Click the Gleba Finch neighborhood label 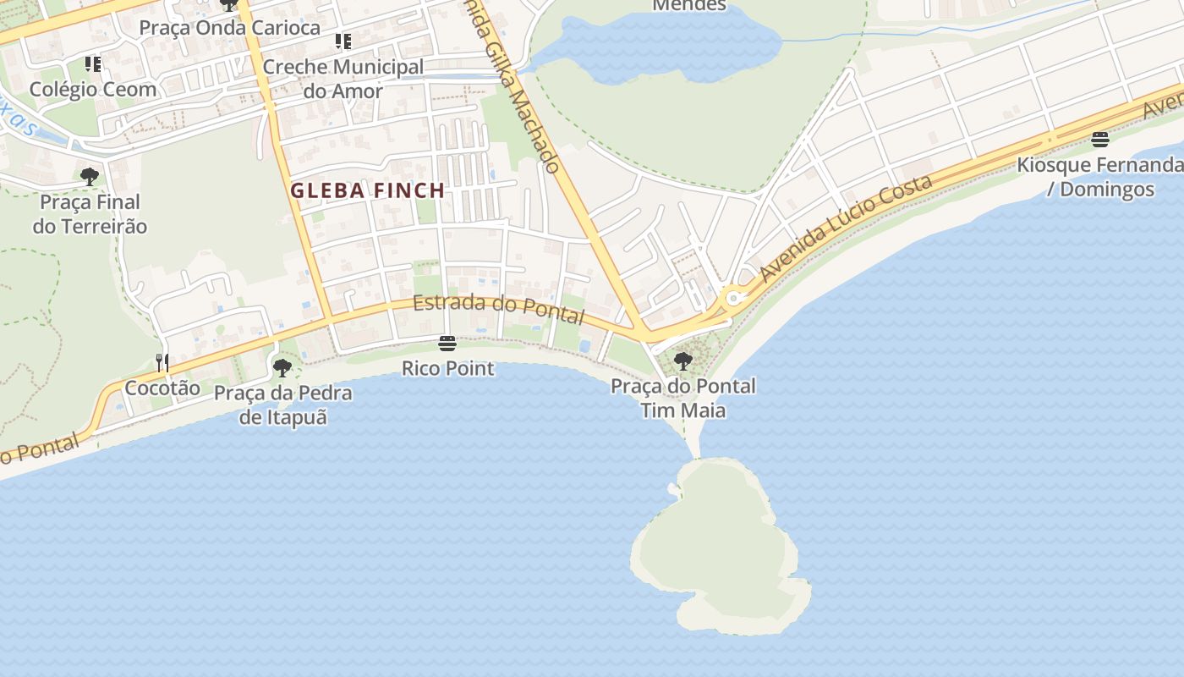coord(368,190)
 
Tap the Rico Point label coord(447,369)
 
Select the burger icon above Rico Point coord(447,343)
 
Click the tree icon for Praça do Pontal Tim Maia coord(683,361)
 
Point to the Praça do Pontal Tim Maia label coord(683,399)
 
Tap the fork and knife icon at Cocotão coord(162,363)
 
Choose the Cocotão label coord(162,388)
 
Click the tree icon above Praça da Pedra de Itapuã coord(282,367)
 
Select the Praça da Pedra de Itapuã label coord(283,405)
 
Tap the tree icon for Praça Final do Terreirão coord(90,177)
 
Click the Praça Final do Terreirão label coord(90,214)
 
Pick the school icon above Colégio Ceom coord(93,64)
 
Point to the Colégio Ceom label coord(93,89)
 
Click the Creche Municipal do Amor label coord(343,79)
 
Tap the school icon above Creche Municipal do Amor coord(343,41)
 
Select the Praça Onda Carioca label coord(230,27)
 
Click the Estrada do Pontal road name coord(498,310)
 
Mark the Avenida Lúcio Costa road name coord(846,228)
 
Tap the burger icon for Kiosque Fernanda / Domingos coord(1099,139)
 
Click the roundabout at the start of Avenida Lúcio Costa coord(733,298)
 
